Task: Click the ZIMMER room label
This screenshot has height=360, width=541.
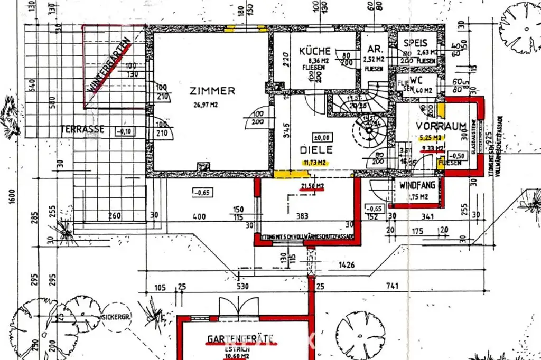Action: (212, 91)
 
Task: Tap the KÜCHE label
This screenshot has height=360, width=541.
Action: (315, 51)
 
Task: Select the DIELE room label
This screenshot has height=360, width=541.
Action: (315, 150)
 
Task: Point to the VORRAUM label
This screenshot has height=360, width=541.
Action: (441, 126)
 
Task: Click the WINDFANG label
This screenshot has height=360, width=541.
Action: (417, 185)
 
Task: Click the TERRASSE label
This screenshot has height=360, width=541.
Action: (82, 129)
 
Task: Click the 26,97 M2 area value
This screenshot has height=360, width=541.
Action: (206, 105)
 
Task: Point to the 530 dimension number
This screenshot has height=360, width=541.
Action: (242, 287)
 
